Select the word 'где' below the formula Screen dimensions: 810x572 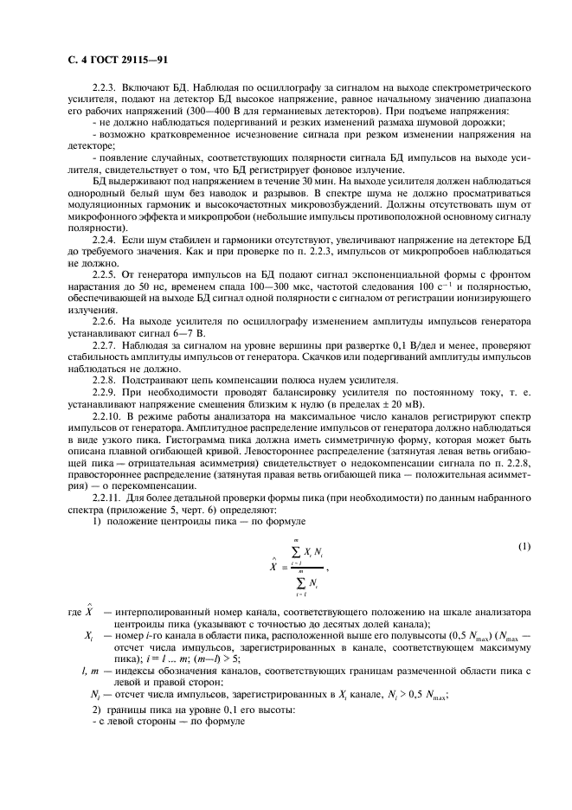[74, 614]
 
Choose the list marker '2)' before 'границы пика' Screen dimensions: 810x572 [98, 710]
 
